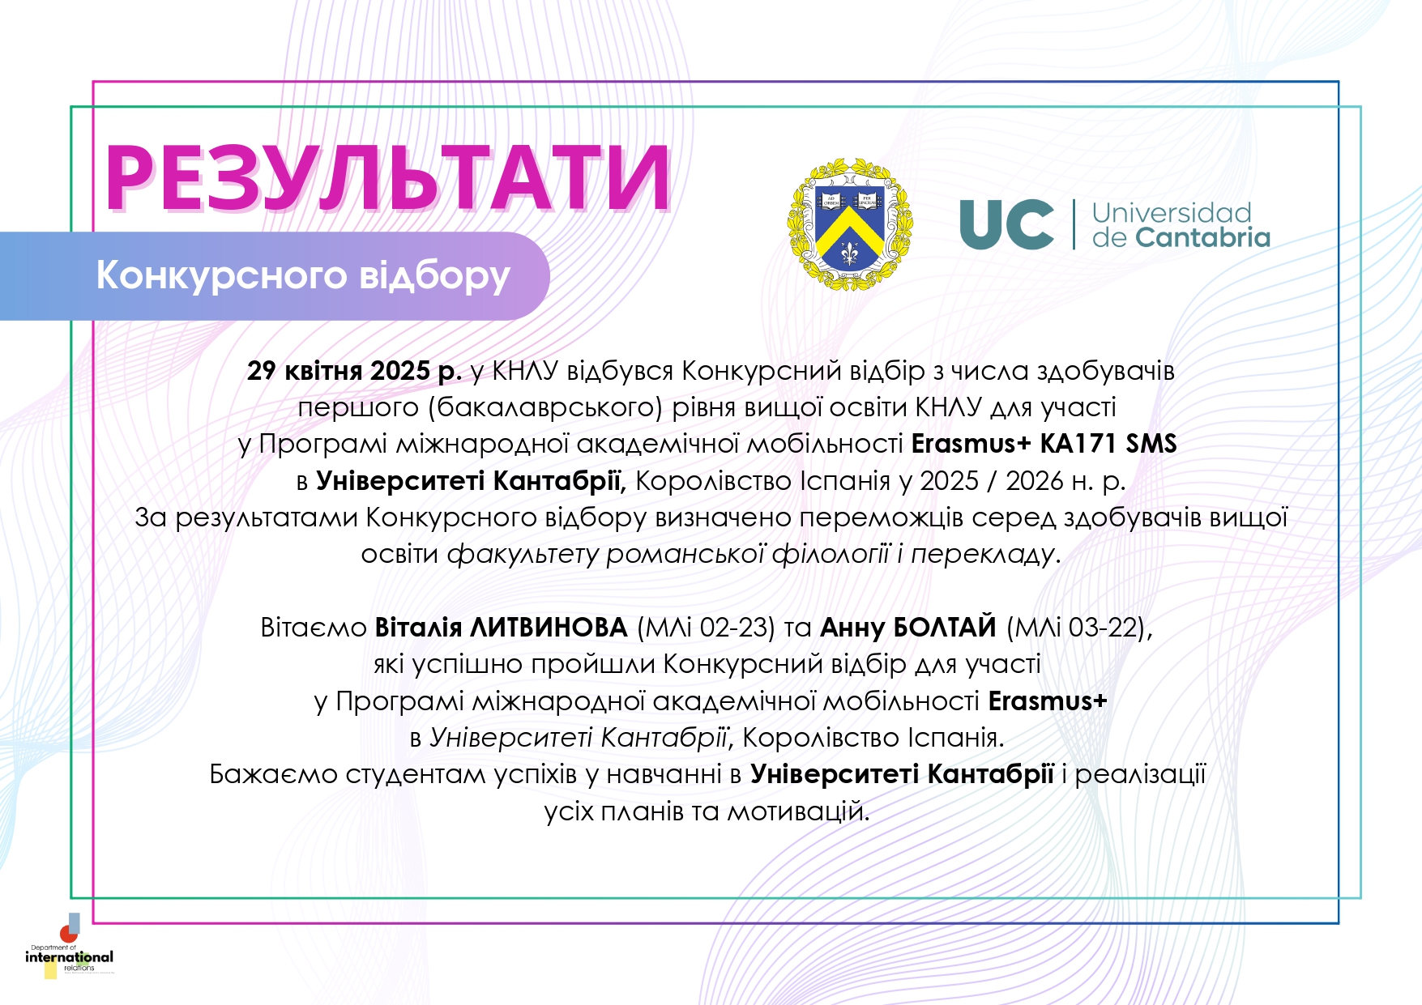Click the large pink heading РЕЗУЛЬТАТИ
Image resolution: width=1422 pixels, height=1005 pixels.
pos(388,177)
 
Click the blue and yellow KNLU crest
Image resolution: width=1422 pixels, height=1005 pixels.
pos(849,224)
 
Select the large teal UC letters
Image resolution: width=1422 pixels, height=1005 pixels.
pos(1006,224)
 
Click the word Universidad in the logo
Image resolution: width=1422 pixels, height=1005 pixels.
pos(1172,212)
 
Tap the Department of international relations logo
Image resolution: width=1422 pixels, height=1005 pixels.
pos(70,947)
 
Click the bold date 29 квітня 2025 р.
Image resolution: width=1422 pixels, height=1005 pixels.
pos(354,371)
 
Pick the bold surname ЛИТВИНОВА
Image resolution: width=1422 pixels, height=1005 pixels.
pos(549,628)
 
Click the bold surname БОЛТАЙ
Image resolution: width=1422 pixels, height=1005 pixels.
pos(944,627)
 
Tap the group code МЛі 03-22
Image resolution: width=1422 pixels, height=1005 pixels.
pos(1075,628)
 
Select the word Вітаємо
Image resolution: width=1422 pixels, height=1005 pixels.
pos(314,628)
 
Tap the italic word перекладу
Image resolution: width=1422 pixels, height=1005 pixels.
pos(983,555)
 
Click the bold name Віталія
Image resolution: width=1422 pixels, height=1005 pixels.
pos(419,628)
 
